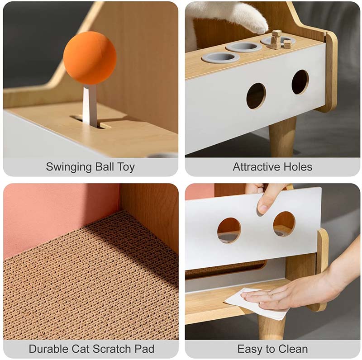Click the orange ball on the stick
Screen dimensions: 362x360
[90, 58]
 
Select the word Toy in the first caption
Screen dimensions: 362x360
[126, 167]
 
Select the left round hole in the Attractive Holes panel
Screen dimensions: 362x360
[256, 95]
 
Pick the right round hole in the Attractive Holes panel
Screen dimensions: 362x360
[300, 82]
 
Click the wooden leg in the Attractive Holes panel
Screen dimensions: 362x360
[281, 137]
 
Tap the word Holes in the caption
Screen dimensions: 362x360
[298, 167]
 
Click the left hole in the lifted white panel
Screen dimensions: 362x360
[229, 230]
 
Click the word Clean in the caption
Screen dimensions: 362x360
[293, 349]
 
